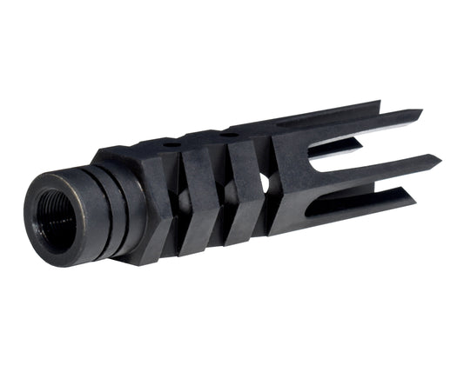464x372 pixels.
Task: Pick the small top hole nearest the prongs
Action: point(228,133)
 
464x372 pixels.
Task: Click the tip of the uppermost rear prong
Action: point(420,111)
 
